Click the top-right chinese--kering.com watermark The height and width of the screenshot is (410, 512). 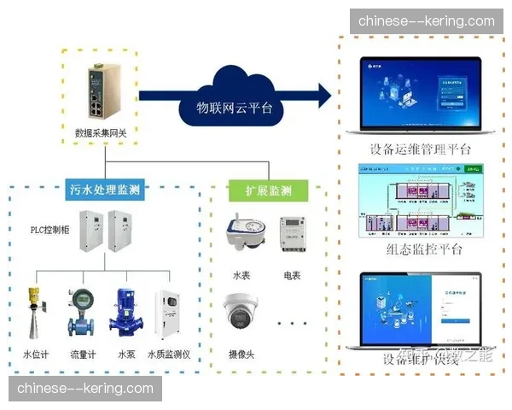pyautogui.click(x=426, y=20)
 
